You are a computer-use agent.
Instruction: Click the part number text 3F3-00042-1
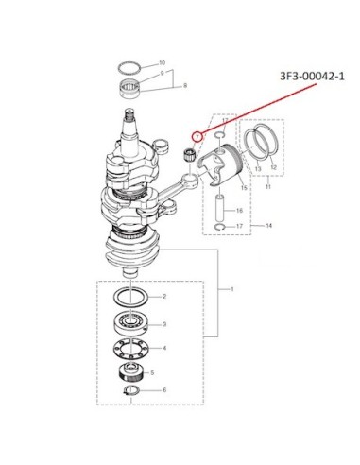tap(312, 77)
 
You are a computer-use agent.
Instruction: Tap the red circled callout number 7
tap(197, 136)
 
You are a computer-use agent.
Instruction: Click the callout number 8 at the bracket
tap(185, 85)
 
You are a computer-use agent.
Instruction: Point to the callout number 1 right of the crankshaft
tap(232, 289)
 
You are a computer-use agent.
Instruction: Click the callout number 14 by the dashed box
tap(268, 226)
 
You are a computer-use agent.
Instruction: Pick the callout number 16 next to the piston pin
tap(239, 211)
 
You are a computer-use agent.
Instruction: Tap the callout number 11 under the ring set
tap(268, 187)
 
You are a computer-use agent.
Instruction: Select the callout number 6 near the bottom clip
tap(164, 390)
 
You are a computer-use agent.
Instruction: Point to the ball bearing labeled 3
tap(130, 324)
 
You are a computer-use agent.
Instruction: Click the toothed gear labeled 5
tap(130, 372)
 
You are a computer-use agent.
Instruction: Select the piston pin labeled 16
tap(220, 208)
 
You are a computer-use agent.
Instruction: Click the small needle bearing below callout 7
tap(190, 155)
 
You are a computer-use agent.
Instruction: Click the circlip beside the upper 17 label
tap(219, 135)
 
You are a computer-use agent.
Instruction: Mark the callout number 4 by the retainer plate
tap(164, 348)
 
